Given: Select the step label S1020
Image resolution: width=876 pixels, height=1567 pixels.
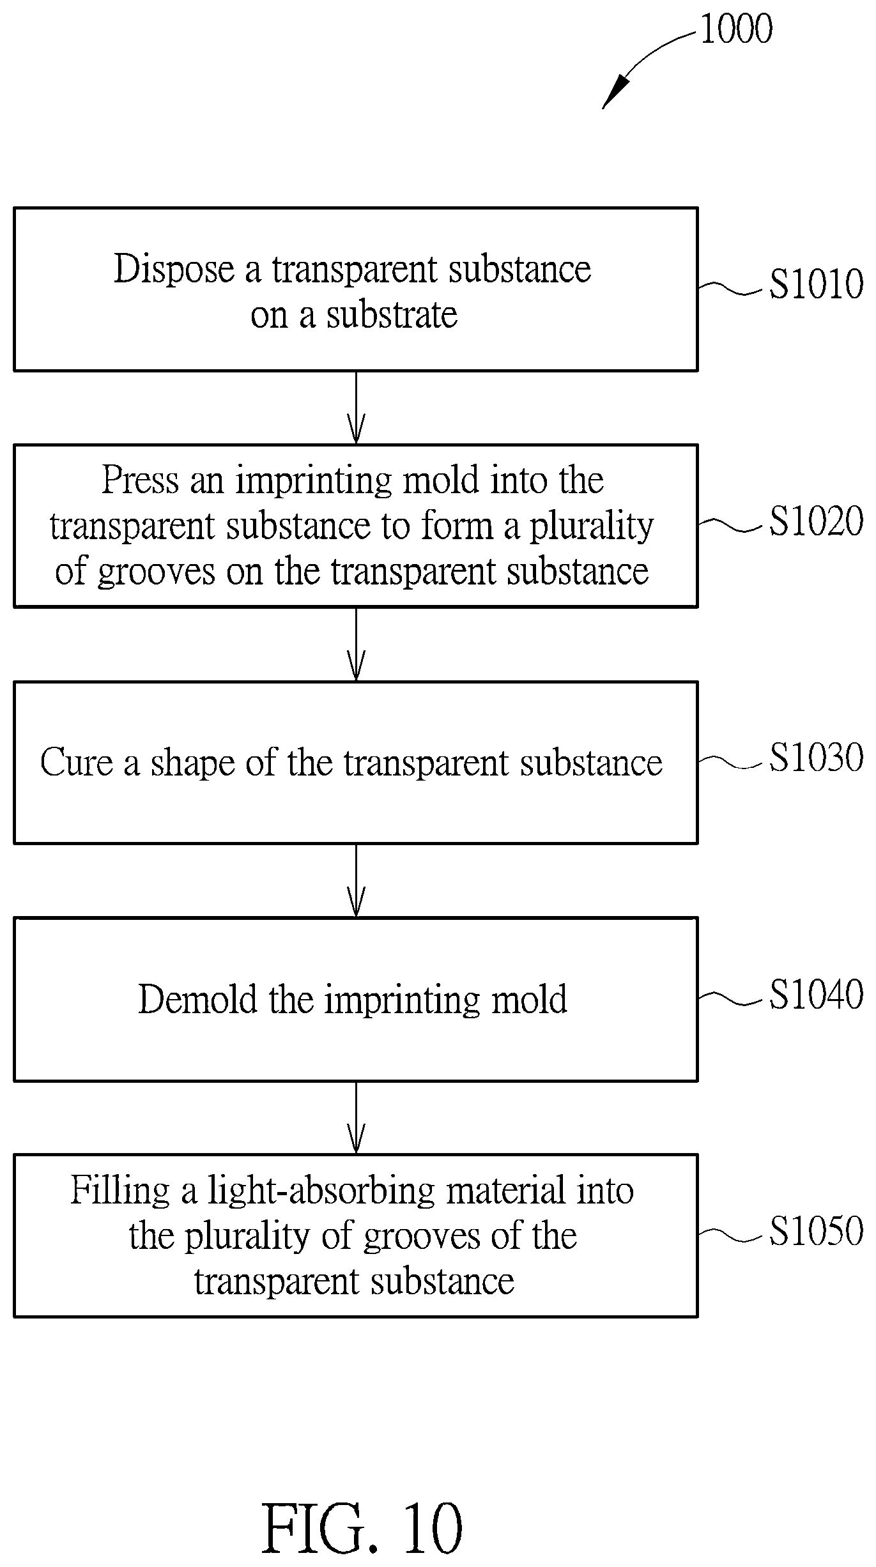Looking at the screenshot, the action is tap(816, 521).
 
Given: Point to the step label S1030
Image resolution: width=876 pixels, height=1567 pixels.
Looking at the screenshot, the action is tap(816, 758).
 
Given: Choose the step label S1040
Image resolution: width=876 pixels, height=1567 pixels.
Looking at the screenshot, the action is tap(816, 995).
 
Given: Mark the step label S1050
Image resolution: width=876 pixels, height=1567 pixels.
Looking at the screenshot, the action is tap(816, 1231).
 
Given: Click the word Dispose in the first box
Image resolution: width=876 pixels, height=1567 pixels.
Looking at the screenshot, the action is tap(174, 270).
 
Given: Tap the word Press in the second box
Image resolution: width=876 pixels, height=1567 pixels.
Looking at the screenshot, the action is tap(141, 480).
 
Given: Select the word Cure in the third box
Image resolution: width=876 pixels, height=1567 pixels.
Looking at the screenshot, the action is tap(77, 762).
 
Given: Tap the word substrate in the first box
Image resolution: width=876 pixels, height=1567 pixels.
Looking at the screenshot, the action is tap(392, 315).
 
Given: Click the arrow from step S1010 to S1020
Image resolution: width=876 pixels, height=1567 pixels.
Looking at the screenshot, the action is tap(356, 408).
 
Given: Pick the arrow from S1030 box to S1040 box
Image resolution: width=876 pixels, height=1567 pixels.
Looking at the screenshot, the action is tap(356, 881).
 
